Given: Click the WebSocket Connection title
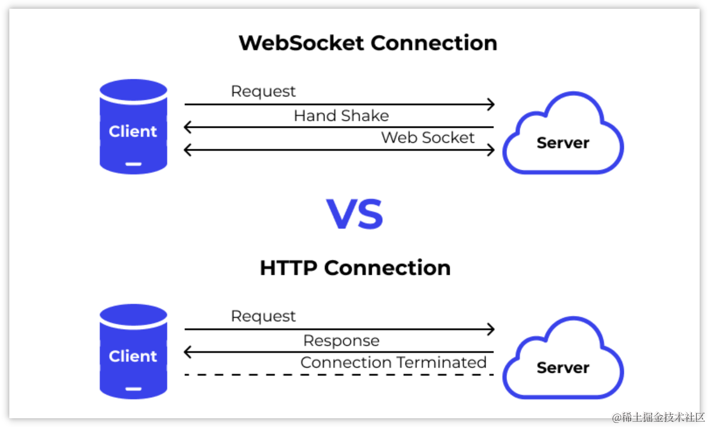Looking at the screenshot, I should (368, 43).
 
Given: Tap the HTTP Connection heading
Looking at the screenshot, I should (355, 268).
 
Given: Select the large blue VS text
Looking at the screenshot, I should (355, 215).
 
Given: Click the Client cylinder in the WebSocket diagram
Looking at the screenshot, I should (133, 127).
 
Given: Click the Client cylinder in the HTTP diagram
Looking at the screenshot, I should (133, 351).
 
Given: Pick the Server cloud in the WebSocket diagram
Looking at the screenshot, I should (563, 137).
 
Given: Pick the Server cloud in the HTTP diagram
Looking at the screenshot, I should (563, 362).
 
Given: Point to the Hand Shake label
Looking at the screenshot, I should (341, 116).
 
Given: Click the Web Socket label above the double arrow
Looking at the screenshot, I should (428, 138).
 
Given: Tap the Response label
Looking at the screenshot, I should (341, 341).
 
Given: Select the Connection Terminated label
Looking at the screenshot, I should (393, 362).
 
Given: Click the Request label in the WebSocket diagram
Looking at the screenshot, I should (263, 92).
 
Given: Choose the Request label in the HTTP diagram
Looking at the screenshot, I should (263, 316).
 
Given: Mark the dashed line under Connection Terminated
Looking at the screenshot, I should (338, 374).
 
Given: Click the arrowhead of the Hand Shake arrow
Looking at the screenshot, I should (187, 127).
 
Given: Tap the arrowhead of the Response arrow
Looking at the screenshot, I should (187, 352).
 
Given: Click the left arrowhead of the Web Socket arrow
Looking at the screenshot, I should (187, 150).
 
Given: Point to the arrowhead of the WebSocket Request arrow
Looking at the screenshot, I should (491, 104).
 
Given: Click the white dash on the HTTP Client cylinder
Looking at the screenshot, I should (133, 389).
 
